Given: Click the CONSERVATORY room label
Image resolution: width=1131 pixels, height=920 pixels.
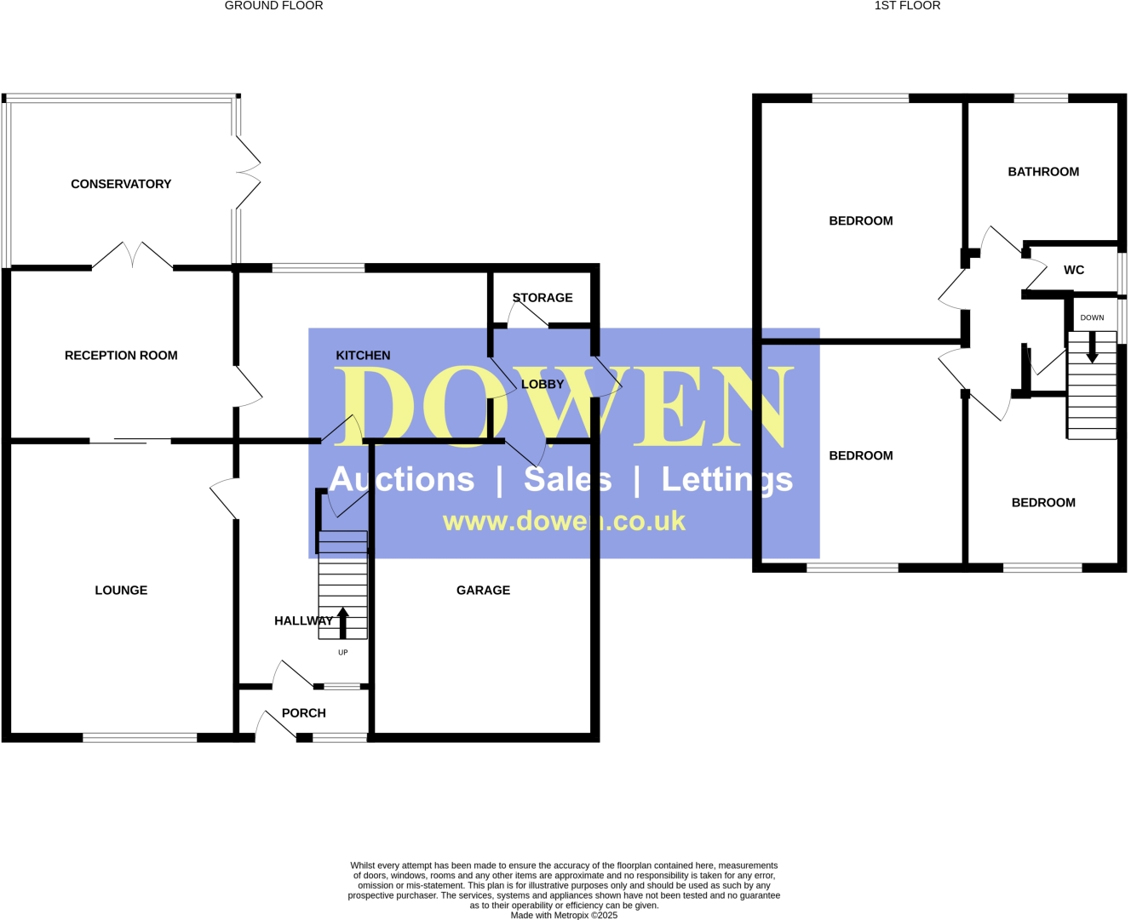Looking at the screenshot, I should pos(121,184).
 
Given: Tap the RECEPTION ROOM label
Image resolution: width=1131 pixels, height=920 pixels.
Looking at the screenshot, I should pos(121,356).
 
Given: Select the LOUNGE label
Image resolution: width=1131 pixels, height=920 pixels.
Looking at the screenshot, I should pos(121,591).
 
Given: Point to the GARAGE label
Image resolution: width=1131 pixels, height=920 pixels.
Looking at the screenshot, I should pos(483,591).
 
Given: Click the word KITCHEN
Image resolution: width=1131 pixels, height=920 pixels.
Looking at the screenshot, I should pos(363,356).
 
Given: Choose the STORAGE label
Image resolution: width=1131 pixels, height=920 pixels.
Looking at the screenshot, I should pos(543,298).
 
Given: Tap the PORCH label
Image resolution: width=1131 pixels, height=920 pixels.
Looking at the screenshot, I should pos(304,713).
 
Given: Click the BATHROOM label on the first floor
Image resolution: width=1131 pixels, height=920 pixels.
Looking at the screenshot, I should pos(1043,172).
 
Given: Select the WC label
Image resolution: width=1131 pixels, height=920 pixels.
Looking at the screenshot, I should pos(1074,271).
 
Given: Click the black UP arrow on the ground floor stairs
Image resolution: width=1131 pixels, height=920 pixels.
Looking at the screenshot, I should pos(343,622).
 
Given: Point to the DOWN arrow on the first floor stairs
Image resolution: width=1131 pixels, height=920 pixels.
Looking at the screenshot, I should pos(1092,346).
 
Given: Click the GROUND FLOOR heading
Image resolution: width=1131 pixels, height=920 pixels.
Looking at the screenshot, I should pos(273,6).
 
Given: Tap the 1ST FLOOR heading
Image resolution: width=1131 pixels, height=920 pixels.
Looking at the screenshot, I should pos(907,6).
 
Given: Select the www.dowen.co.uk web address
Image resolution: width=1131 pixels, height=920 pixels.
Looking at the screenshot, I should pos(564,521).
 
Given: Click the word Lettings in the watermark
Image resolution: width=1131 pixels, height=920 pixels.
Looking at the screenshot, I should pos(727,480).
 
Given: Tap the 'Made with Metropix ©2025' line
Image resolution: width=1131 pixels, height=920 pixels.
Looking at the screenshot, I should pos(564,916).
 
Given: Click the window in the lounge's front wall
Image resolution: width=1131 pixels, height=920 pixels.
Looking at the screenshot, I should pos(140,738).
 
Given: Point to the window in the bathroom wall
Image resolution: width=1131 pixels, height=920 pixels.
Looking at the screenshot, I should pos(1041,99).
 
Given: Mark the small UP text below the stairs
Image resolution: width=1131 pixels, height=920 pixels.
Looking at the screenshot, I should pos(343,653).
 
